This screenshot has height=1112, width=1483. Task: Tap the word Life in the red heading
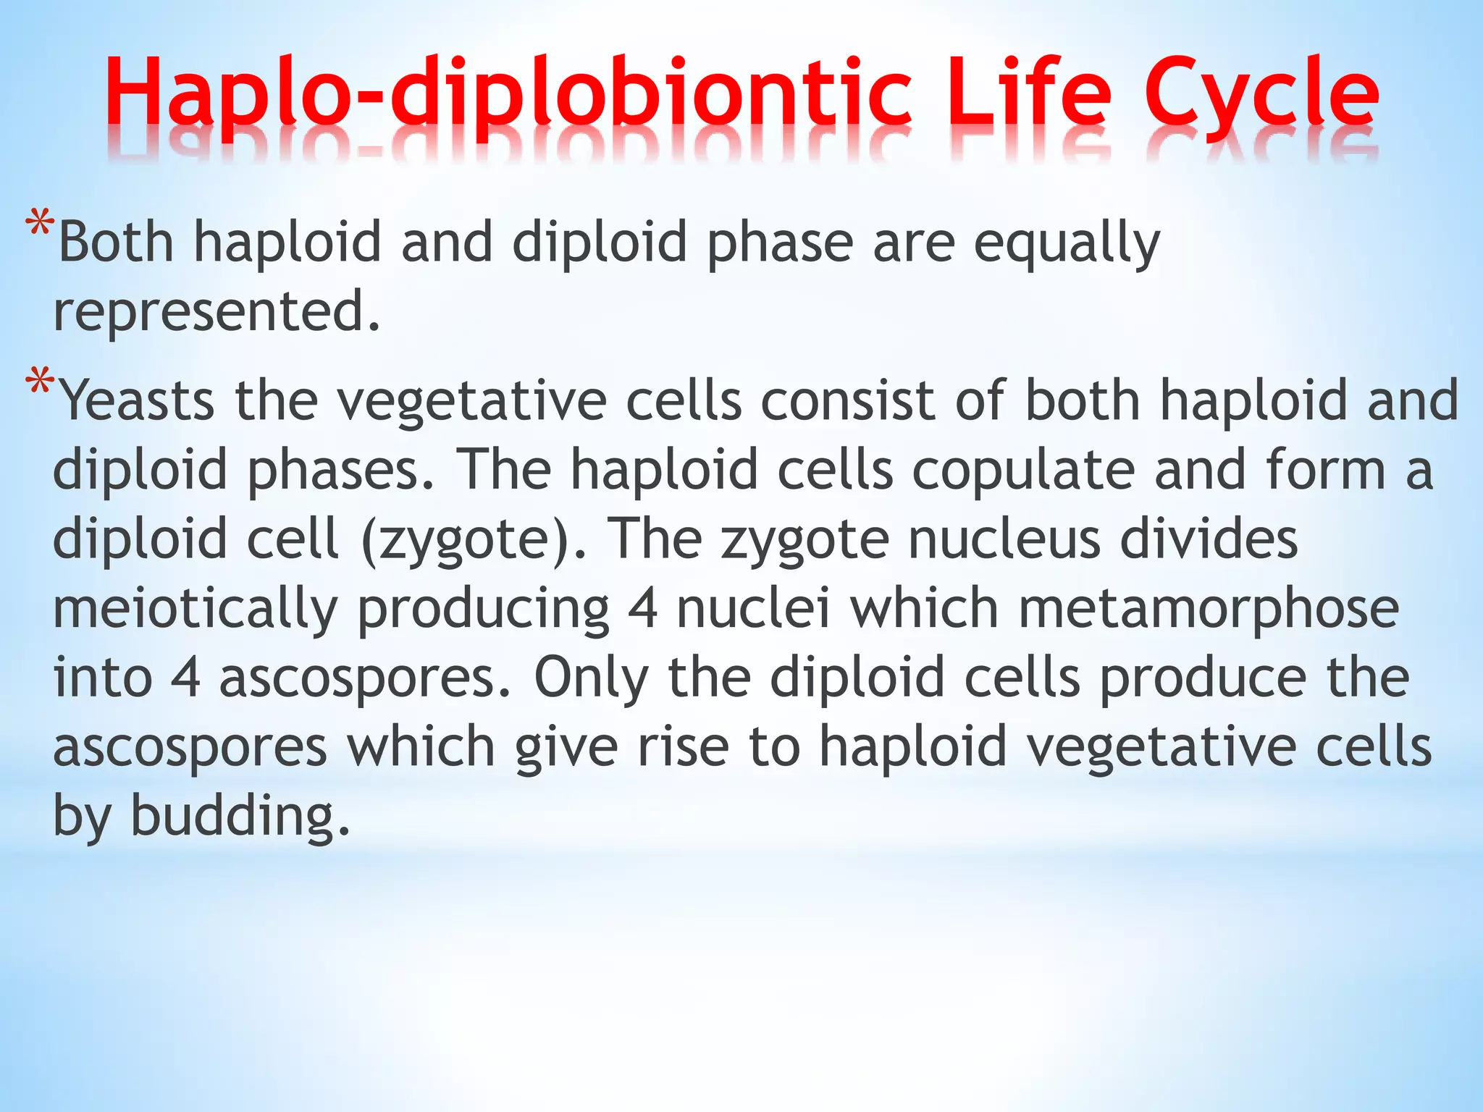(1028, 94)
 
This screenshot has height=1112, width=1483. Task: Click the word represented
(216, 311)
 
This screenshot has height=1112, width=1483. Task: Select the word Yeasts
(137, 401)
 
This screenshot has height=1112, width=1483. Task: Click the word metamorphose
(1209, 608)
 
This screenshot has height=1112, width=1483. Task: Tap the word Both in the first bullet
(116, 243)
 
